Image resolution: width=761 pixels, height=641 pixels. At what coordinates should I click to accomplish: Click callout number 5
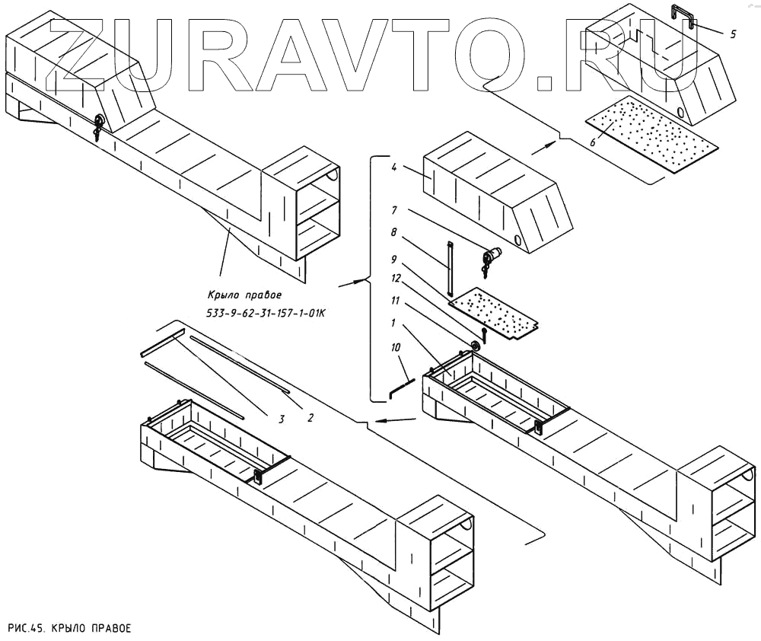point(732,34)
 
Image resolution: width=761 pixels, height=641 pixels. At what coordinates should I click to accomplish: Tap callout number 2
point(310,416)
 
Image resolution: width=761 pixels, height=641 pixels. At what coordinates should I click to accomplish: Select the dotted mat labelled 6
point(651,137)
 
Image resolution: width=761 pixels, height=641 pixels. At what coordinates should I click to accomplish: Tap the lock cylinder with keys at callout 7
point(491,258)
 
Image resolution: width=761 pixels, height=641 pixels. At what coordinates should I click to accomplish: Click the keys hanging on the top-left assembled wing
point(98,127)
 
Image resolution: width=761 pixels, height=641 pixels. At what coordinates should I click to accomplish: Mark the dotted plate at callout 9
point(494,311)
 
